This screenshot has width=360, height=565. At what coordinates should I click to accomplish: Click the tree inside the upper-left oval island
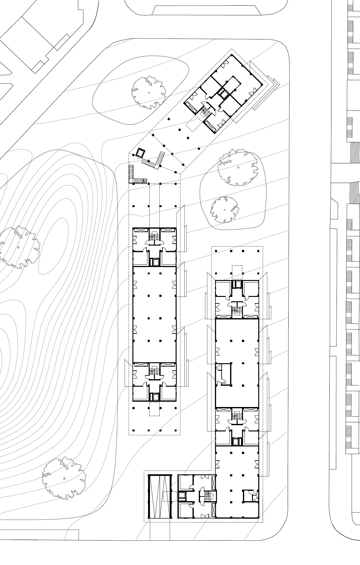(148, 93)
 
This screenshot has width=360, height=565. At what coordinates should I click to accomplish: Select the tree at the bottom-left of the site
(64, 478)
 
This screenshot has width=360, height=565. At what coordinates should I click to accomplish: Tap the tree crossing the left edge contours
(19, 247)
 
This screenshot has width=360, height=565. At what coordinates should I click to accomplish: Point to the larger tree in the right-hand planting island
(238, 168)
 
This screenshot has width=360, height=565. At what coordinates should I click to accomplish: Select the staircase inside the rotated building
(205, 112)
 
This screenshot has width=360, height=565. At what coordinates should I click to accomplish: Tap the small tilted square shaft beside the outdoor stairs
(140, 153)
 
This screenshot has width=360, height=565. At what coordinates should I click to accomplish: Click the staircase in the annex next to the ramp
(208, 496)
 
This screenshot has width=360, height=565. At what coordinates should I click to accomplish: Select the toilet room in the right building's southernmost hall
(250, 496)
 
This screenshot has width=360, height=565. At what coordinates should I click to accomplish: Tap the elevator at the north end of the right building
(238, 285)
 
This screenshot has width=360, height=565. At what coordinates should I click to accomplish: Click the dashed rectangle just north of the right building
(237, 272)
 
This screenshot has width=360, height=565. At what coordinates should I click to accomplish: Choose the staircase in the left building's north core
(154, 236)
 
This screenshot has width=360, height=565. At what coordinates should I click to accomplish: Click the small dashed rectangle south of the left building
(154, 409)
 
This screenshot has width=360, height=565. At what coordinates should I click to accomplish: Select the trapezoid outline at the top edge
(207, 10)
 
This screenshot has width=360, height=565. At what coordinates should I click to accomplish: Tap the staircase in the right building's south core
(237, 415)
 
